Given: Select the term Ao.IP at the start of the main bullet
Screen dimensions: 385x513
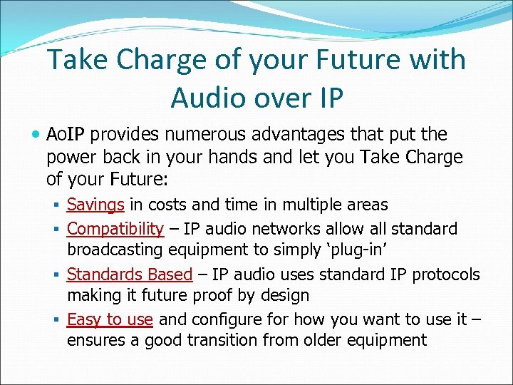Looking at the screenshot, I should pos(66,134).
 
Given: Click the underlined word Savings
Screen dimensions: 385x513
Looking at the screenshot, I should pos(95,205).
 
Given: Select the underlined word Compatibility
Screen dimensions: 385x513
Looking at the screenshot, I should pos(115,228).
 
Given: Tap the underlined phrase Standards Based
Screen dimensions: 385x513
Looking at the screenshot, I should pos(130,274).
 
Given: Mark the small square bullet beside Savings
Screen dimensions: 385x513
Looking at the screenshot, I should pos(56,205).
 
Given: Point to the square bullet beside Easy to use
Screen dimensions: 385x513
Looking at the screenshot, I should pos(56,319).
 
